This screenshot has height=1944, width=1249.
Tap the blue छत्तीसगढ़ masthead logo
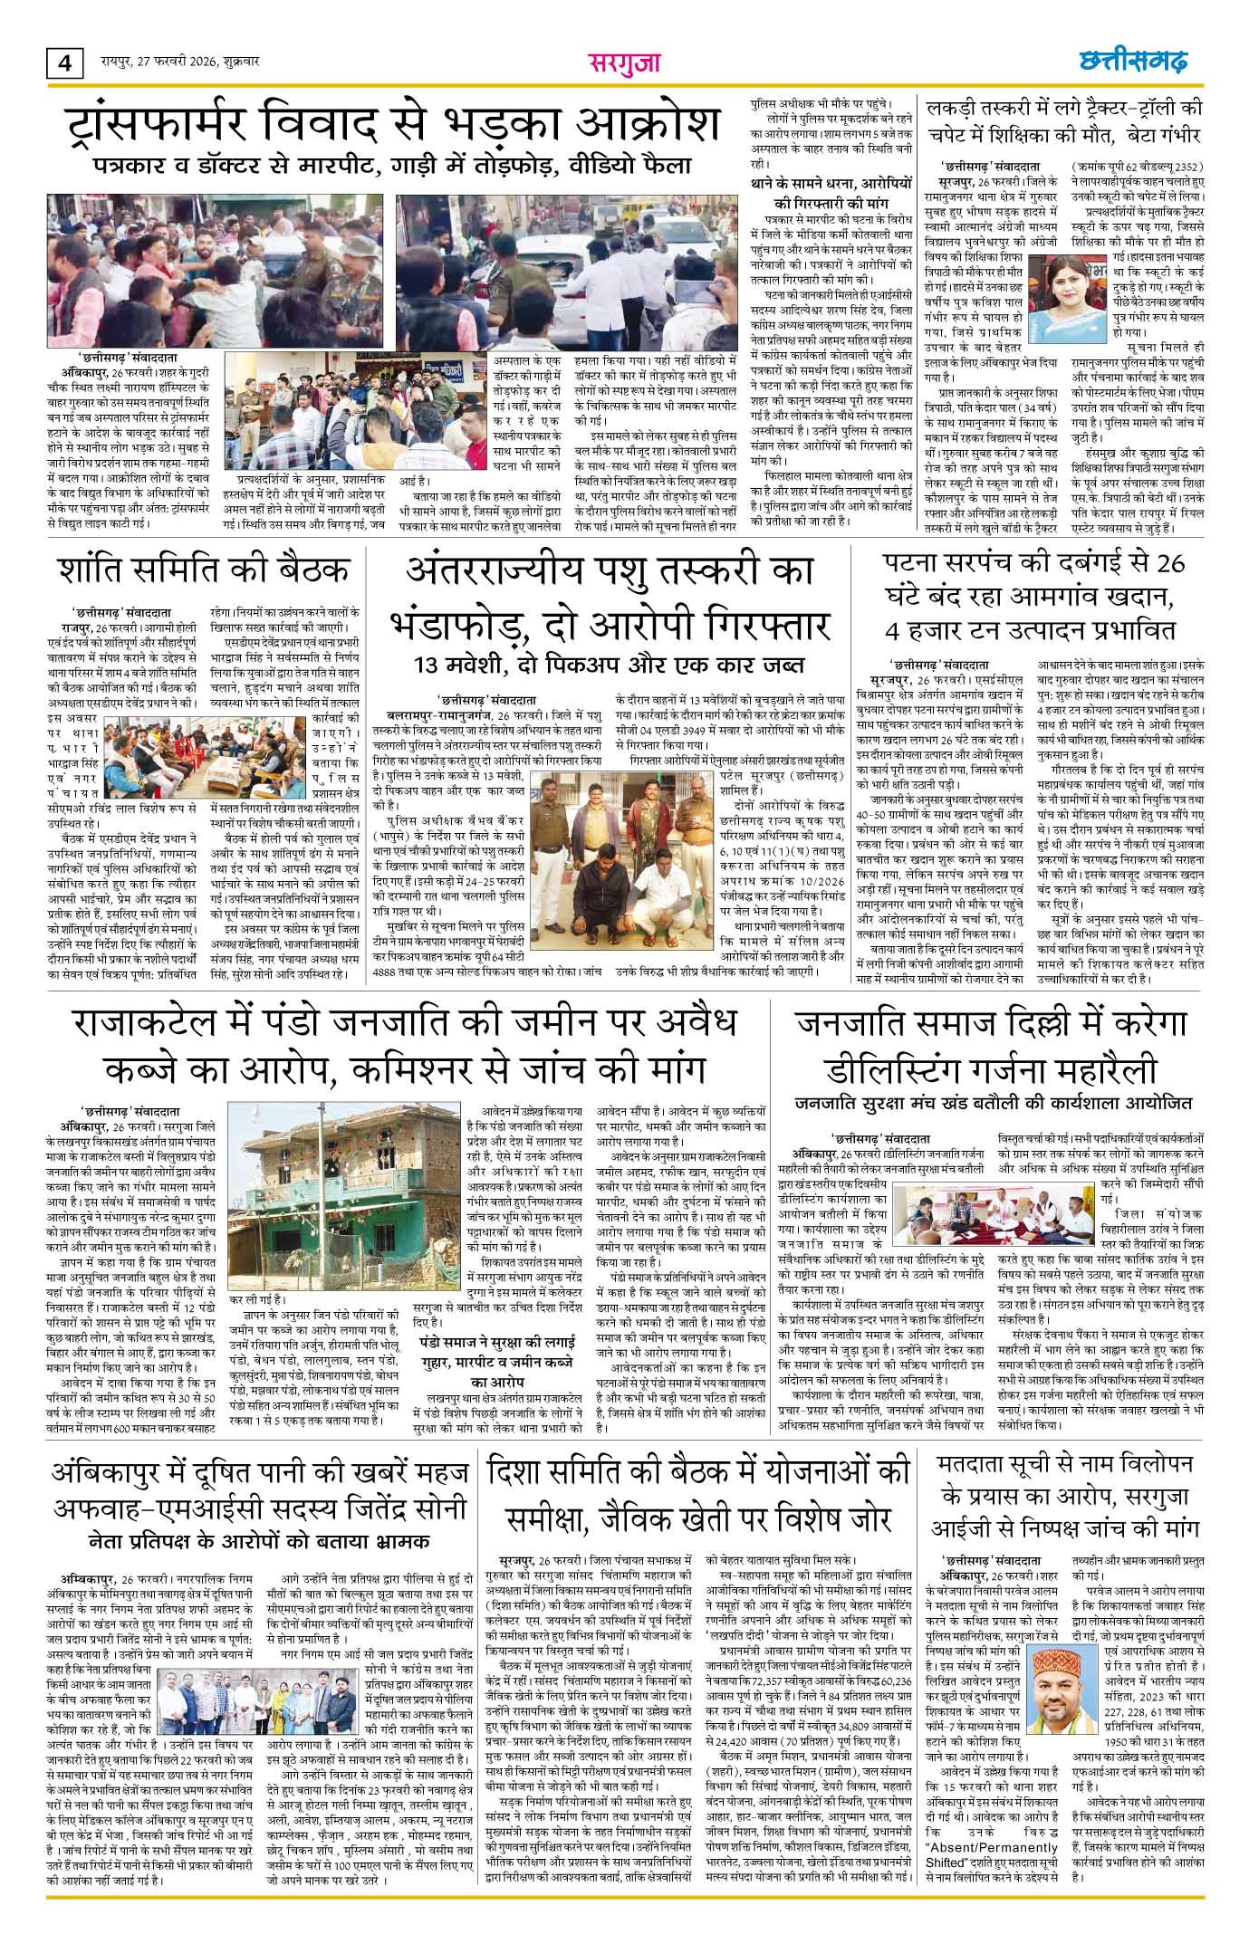[x=1132, y=62]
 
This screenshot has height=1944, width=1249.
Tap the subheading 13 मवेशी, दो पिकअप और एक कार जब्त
[x=609, y=666]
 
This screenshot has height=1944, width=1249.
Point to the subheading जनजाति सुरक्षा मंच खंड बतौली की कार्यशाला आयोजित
[x=994, y=1104]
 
